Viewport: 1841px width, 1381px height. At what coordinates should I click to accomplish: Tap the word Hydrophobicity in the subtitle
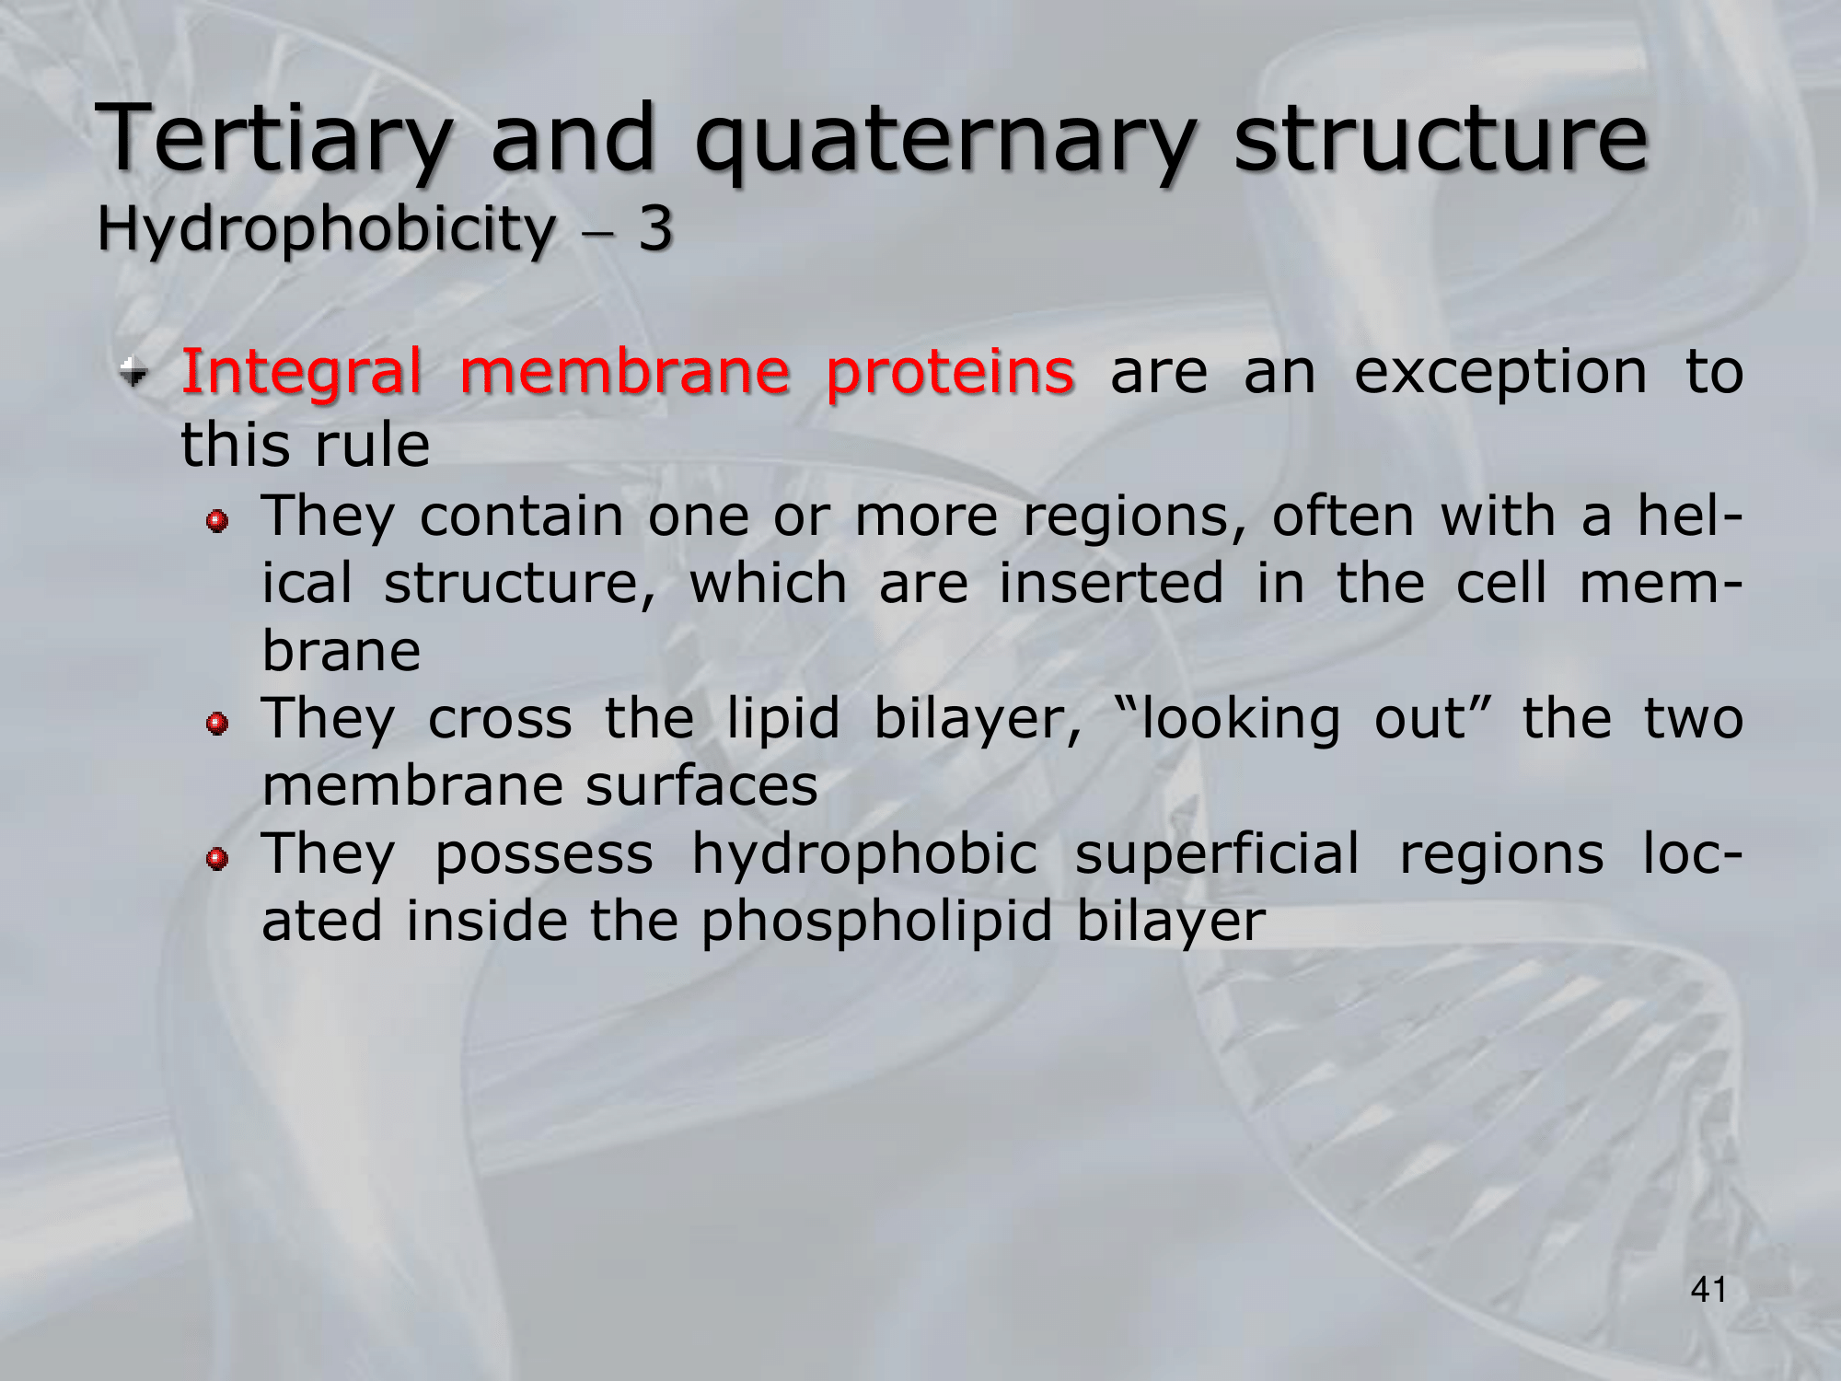(x=326, y=229)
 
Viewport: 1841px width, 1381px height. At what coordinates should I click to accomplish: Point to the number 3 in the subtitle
(x=655, y=228)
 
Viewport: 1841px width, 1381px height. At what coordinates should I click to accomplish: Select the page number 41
(x=1708, y=1290)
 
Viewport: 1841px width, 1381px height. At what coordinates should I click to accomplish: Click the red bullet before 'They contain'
(x=217, y=522)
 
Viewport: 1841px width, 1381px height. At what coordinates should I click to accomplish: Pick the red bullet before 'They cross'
(x=217, y=725)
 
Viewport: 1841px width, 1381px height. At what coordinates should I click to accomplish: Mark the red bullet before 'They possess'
(x=217, y=860)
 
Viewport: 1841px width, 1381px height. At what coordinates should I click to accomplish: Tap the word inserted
(x=1112, y=584)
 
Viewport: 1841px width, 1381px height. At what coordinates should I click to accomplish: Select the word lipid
(x=783, y=718)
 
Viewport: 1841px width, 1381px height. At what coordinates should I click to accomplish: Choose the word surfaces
(x=701, y=787)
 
